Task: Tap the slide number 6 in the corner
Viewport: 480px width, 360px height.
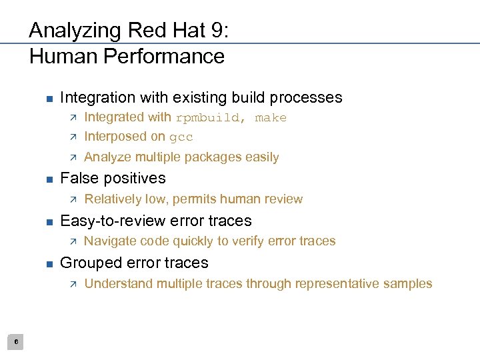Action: point(17,342)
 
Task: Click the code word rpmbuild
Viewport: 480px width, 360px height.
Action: point(208,118)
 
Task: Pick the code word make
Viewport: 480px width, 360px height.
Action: point(271,118)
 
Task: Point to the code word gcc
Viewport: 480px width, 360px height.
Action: point(181,137)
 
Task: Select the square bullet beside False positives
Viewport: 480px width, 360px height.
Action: point(49,179)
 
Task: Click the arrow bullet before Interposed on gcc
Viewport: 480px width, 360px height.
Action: point(73,137)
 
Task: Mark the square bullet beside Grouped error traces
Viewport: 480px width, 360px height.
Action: point(49,263)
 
